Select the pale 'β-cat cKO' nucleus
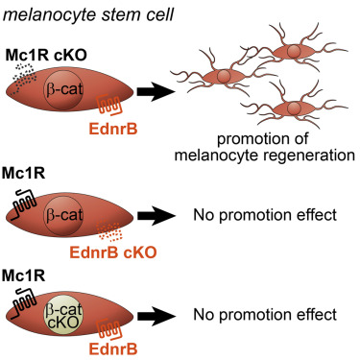pyautogui.click(x=66, y=312)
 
